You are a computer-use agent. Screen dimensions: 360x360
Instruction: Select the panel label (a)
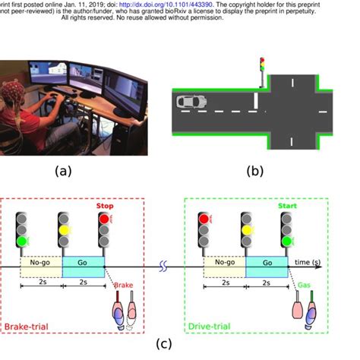pos(64,171)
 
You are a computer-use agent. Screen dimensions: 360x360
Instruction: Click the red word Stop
pos(104,205)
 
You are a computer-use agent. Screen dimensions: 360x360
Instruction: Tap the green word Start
pos(288,204)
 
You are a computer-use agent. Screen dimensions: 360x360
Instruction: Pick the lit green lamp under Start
pos(286,242)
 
